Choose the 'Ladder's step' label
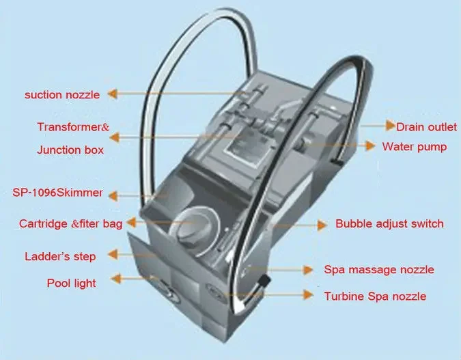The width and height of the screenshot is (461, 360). point(59,256)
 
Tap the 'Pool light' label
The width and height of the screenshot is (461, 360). point(71,282)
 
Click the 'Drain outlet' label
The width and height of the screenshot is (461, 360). point(427,126)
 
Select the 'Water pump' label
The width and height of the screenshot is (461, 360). point(415,146)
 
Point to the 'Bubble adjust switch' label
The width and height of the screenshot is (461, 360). point(389,223)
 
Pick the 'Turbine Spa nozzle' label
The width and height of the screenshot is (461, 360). point(375,296)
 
